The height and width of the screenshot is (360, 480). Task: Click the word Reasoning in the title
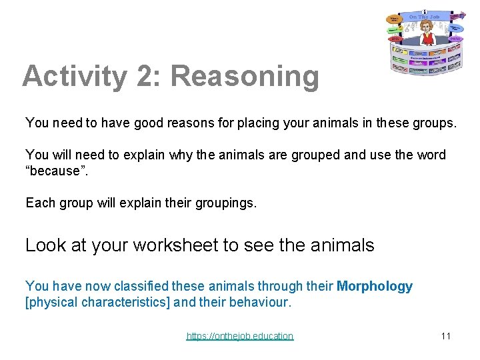[245, 77]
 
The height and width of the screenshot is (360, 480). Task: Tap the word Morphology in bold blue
[375, 287]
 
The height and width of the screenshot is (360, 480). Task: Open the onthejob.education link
[239, 336]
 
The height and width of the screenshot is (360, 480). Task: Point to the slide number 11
[446, 335]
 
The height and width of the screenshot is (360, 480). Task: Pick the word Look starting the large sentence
[44, 245]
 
